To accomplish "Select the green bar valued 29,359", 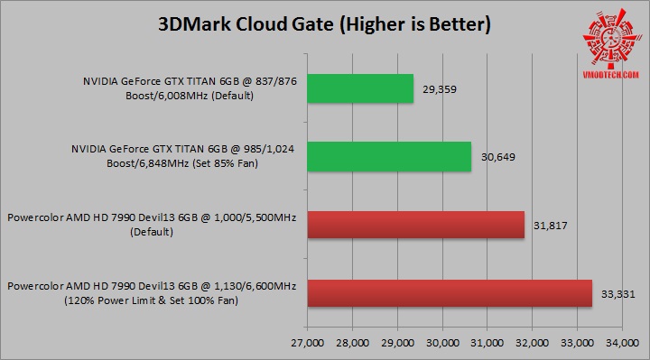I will click(360, 88).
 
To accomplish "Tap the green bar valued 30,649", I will click(389, 156).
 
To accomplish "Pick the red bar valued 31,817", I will click(416, 225).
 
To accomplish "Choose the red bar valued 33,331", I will click(450, 293).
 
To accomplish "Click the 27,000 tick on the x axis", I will click(308, 343).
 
